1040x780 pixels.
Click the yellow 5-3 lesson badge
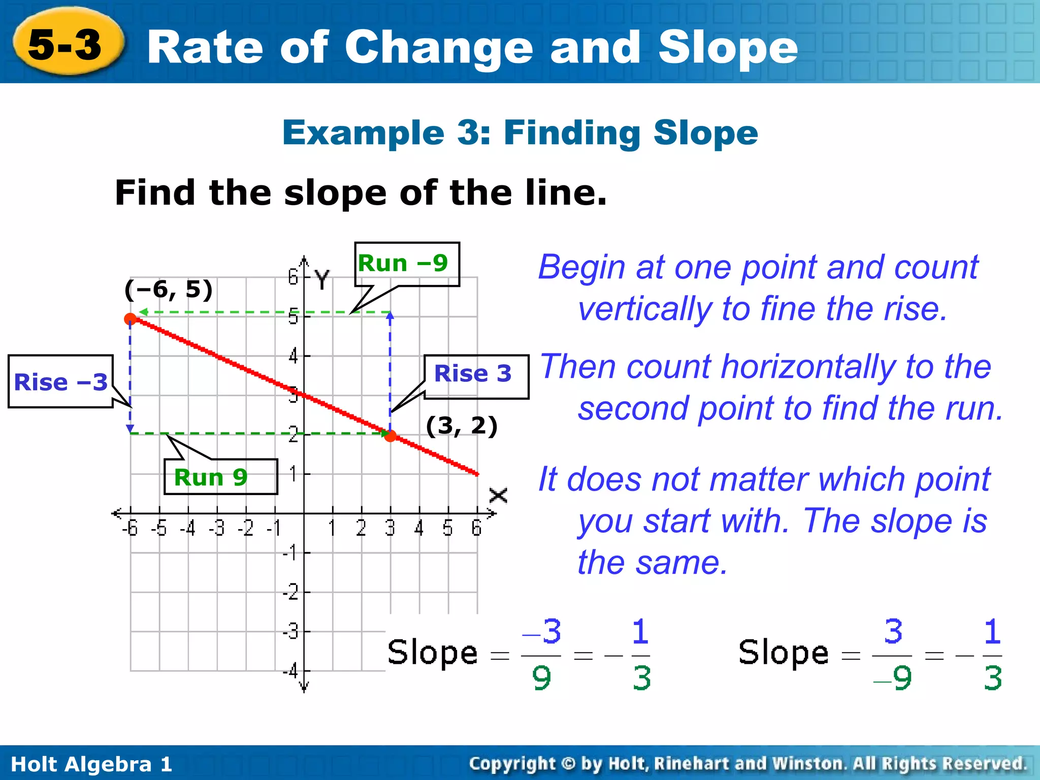[x=66, y=43]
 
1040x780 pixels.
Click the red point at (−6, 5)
[x=131, y=319]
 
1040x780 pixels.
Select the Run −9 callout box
[x=406, y=264]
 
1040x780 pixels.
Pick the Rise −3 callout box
[x=60, y=382]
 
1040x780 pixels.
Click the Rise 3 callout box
[x=476, y=376]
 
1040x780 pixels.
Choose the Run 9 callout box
[x=220, y=477]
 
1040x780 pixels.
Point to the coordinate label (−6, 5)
[x=168, y=289]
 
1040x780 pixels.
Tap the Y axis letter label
[x=322, y=279]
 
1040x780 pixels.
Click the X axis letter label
[x=498, y=495]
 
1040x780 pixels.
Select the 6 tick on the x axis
[x=476, y=529]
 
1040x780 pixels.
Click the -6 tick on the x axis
[x=130, y=529]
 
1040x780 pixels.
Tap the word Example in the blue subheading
[x=363, y=133]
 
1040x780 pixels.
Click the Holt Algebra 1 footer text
[x=91, y=764]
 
